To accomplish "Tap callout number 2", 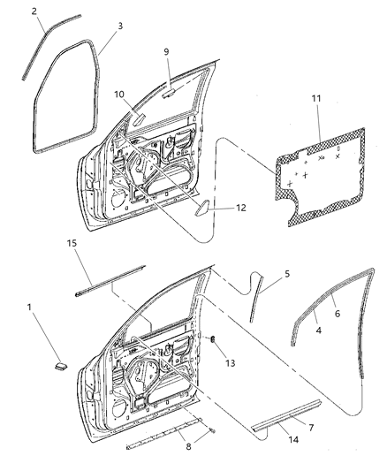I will pyautogui.click(x=34, y=11).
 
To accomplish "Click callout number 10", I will pyautogui.click(x=119, y=95).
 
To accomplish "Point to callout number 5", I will pyautogui.click(x=285, y=274).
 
